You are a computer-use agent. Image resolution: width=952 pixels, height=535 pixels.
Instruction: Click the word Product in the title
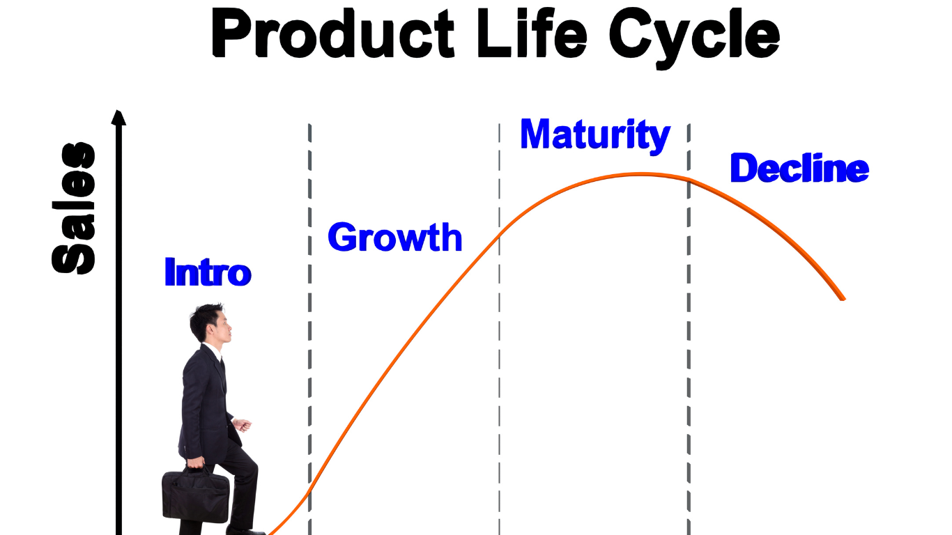point(333,33)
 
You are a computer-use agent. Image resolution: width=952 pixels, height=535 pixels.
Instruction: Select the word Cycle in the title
point(694,38)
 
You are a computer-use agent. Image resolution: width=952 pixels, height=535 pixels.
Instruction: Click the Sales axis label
point(73,208)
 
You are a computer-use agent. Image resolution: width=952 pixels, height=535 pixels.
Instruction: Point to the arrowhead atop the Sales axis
point(118,117)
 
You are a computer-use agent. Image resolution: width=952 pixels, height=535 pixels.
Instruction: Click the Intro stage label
point(208,272)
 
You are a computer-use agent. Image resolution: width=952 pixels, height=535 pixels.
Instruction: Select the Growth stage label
point(395,237)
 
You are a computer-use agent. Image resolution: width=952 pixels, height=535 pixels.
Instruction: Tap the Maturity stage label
point(595,137)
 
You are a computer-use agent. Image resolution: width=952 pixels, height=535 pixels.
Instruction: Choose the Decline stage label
point(799,168)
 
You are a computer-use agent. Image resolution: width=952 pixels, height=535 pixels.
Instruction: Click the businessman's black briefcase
point(196,495)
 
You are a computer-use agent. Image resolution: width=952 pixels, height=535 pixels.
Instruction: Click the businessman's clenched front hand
point(243,424)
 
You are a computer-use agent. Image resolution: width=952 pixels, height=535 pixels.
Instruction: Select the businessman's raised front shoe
point(245,530)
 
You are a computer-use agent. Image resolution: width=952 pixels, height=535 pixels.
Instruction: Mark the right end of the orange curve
point(843,299)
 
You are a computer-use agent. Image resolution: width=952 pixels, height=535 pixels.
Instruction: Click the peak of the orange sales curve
point(642,173)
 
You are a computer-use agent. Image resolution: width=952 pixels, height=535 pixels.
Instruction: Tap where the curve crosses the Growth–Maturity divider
point(500,234)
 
